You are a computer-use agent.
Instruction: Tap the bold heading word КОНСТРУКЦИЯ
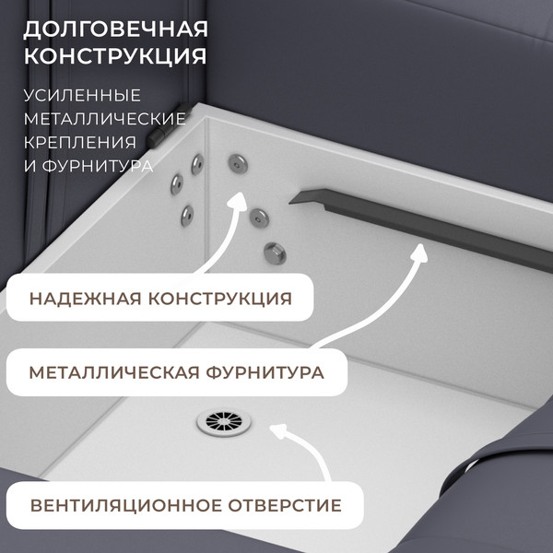[114, 56]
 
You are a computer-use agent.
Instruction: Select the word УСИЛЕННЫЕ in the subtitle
[82, 96]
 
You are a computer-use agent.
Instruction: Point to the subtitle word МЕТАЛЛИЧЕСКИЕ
[105, 119]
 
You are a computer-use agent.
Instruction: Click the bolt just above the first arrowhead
[238, 162]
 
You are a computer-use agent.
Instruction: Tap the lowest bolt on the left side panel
[186, 215]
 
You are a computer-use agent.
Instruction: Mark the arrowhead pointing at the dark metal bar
[420, 251]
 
